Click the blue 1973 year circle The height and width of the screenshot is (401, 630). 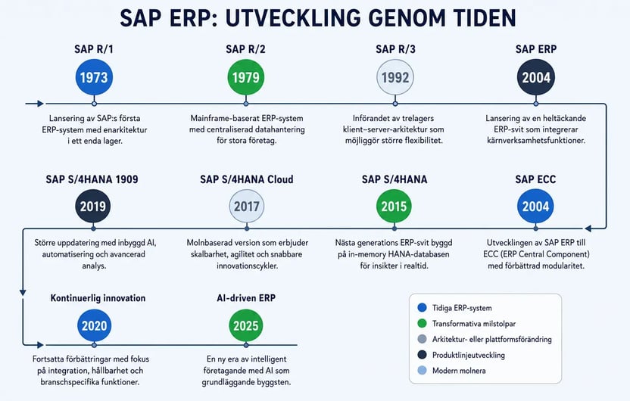pos(94,77)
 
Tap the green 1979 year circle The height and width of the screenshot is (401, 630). pos(246,77)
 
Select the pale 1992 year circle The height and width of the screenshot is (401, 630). pos(395,77)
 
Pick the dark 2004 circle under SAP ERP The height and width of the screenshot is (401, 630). pos(536,77)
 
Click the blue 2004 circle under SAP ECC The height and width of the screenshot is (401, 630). pos(535,207)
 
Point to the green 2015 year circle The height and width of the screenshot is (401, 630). pos(394,207)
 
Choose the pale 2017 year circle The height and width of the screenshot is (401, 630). pos(247,207)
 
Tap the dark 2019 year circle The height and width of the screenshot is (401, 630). pos(93,207)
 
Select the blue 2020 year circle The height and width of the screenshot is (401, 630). pos(95,325)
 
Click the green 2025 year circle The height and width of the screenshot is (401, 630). pos(246,325)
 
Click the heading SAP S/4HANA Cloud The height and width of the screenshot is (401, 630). pos(247,179)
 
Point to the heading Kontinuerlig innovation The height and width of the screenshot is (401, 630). pos(98,298)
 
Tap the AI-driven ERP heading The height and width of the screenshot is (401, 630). pos(246,298)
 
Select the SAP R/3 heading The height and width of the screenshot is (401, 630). pos(395,49)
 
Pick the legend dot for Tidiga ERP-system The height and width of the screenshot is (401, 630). pos(422,307)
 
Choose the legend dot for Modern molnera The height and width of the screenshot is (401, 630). pos(422,370)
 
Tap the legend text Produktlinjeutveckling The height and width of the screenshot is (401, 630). pos(469,355)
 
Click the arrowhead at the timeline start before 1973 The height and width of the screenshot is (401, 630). pos(41,104)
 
